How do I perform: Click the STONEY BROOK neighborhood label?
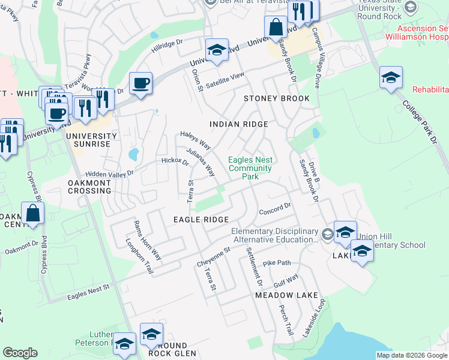(276, 98)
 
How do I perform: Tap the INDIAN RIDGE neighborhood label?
(238, 124)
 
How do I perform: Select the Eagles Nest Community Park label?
(250, 168)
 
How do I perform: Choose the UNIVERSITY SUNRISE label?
(88, 140)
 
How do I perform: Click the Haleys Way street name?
(196, 141)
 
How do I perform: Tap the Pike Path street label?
(276, 263)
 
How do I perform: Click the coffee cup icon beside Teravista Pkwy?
(140, 83)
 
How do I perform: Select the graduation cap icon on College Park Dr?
(391, 77)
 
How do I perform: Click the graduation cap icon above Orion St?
(217, 50)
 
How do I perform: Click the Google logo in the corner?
(20, 353)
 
